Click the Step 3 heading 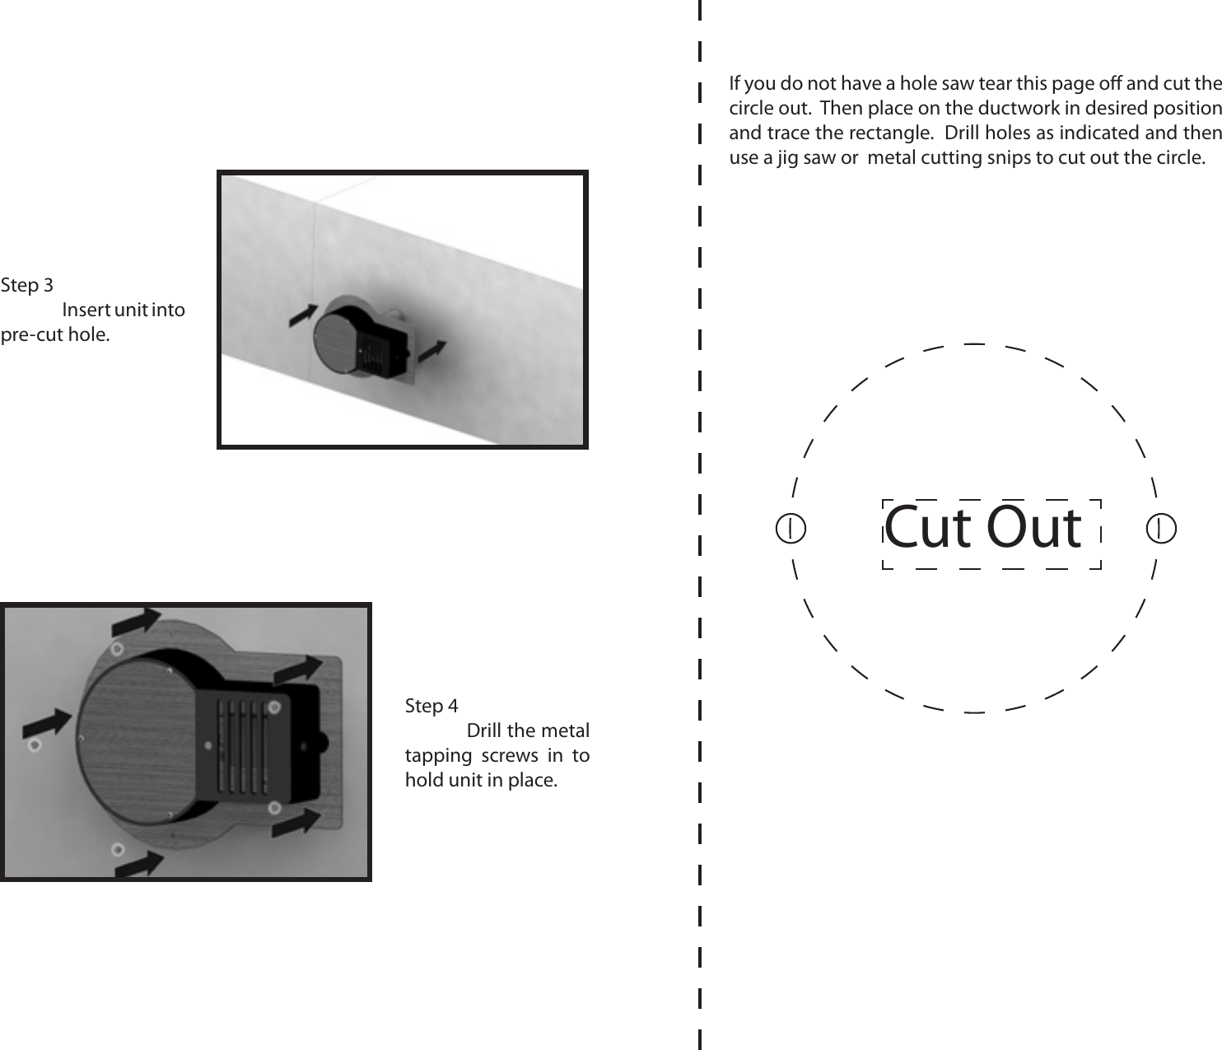click(26, 286)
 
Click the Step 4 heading click(431, 707)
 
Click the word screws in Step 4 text click(509, 756)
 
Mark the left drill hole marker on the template click(791, 528)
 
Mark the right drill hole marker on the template click(1161, 528)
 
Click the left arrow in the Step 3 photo click(303, 315)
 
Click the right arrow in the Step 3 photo click(432, 351)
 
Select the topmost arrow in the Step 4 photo click(138, 623)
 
